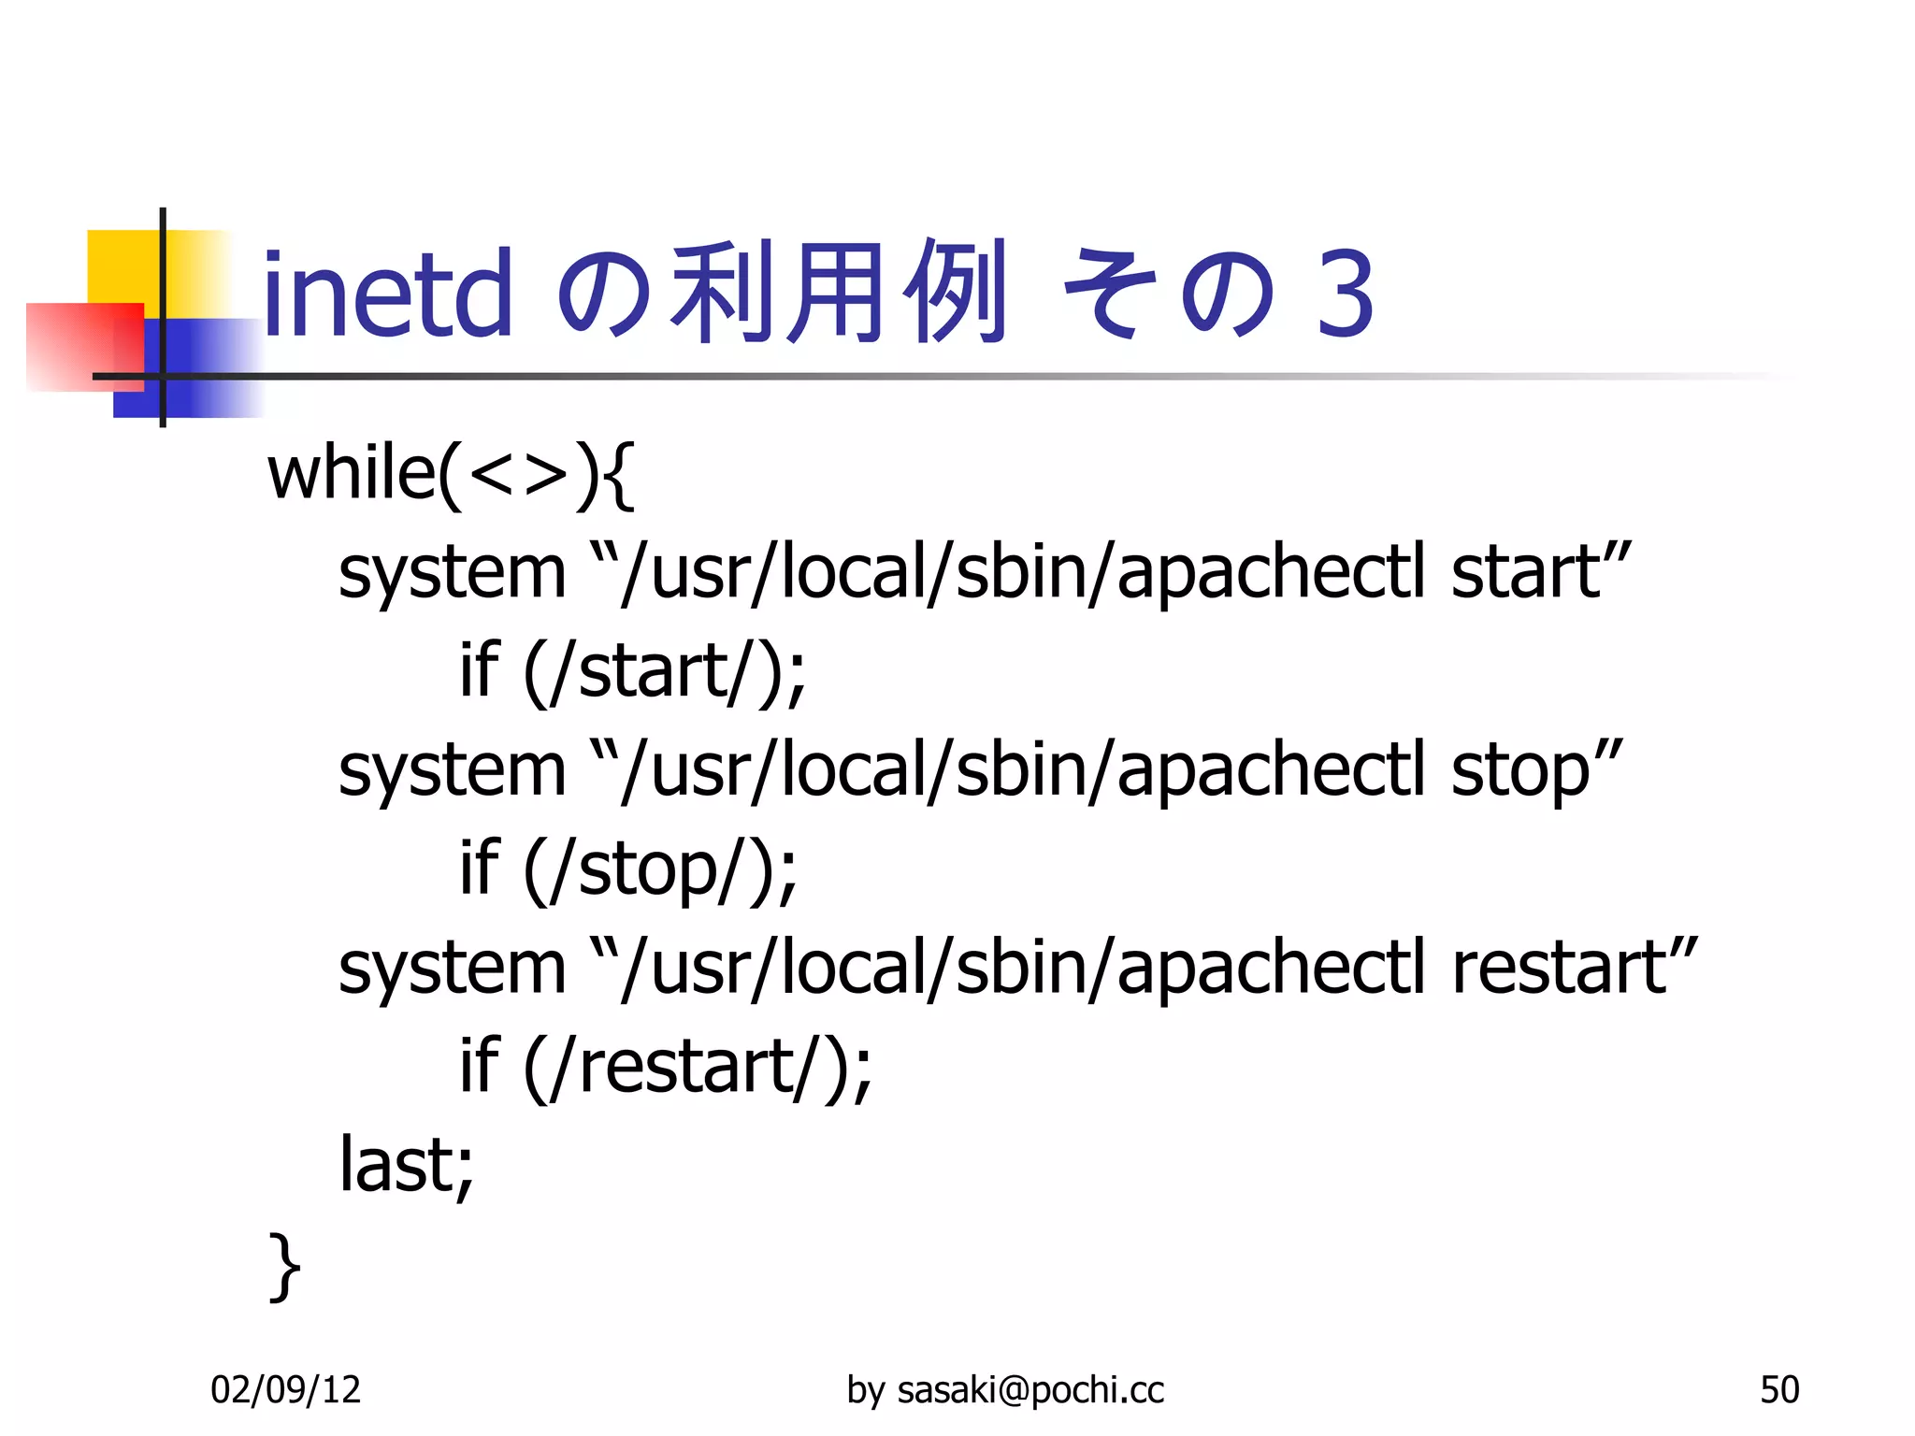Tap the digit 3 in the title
[1345, 294]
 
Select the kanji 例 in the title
[955, 292]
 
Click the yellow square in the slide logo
[126, 266]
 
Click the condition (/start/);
[664, 671]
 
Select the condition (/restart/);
[698, 1067]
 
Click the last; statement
[406, 1165]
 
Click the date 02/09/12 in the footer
[285, 1390]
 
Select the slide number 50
[1778, 1390]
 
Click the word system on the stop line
[453, 772]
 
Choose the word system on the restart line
[453, 969]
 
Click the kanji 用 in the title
[834, 292]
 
